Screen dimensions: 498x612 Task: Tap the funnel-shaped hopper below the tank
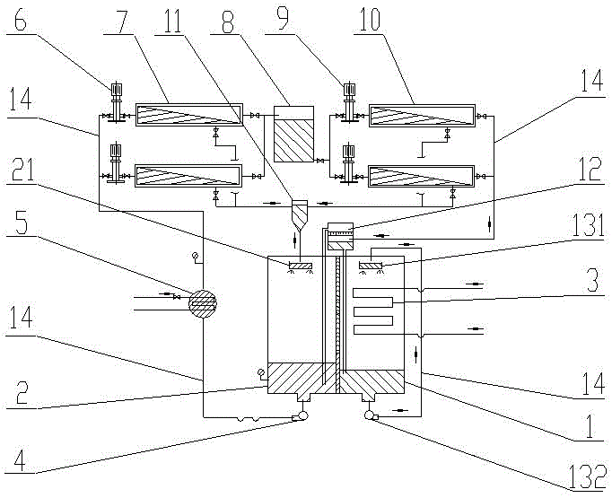point(298,215)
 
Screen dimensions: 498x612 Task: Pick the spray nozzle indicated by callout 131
point(372,266)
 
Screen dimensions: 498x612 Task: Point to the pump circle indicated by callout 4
point(302,416)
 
